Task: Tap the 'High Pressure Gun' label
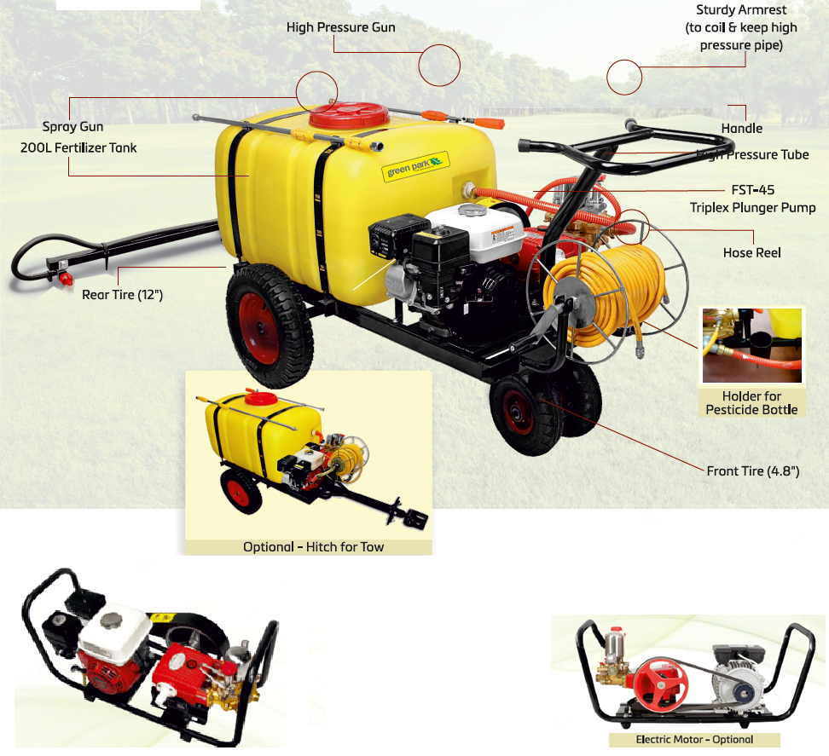pyautogui.click(x=341, y=28)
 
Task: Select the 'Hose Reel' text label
pyautogui.click(x=751, y=253)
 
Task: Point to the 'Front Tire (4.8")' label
pyautogui.click(x=752, y=470)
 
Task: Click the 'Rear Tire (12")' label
pyautogui.click(x=122, y=295)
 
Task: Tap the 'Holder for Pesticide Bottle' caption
pyautogui.click(x=751, y=403)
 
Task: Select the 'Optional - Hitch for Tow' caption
pyautogui.click(x=313, y=546)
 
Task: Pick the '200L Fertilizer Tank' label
pyautogui.click(x=78, y=147)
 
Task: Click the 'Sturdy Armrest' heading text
pyautogui.click(x=740, y=10)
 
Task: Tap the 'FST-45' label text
pyautogui.click(x=753, y=190)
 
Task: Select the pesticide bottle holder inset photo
pyautogui.click(x=751, y=346)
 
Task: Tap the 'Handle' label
pyautogui.click(x=741, y=129)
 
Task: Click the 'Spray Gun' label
pyautogui.click(x=73, y=127)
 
